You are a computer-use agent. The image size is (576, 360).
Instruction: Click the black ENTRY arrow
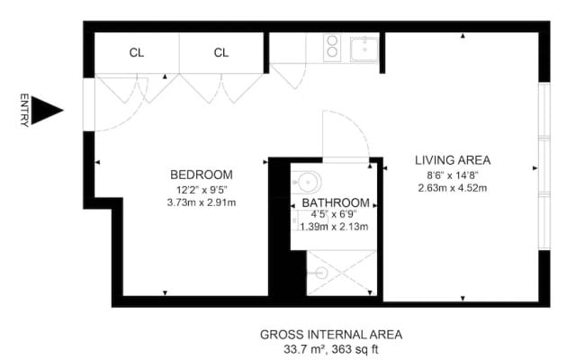[45, 110]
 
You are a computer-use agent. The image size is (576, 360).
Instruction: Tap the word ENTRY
[24, 110]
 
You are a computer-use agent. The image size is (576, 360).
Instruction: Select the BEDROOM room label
[202, 175]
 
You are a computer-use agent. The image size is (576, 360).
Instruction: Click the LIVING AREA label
[453, 160]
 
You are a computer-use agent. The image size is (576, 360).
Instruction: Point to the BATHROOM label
[336, 202]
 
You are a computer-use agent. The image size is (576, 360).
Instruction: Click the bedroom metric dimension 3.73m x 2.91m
[202, 202]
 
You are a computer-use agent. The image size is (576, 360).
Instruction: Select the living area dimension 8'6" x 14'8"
[453, 175]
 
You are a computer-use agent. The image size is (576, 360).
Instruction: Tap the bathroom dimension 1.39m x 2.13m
[334, 227]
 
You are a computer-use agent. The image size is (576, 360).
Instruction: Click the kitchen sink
[364, 49]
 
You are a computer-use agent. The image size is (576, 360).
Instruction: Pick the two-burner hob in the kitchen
[332, 47]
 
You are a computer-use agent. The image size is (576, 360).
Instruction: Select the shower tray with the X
[342, 273]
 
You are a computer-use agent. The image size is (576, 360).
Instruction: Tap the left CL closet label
[137, 53]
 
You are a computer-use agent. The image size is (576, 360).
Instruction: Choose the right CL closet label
[221, 53]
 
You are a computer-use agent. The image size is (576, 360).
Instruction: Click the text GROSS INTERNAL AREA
[331, 335]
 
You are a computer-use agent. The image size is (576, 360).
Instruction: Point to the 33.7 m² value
[304, 348]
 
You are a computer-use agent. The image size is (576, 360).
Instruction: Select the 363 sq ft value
[355, 348]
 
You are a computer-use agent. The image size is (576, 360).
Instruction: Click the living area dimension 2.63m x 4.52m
[453, 188]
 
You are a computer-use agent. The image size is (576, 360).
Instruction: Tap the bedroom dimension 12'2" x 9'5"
[202, 190]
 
